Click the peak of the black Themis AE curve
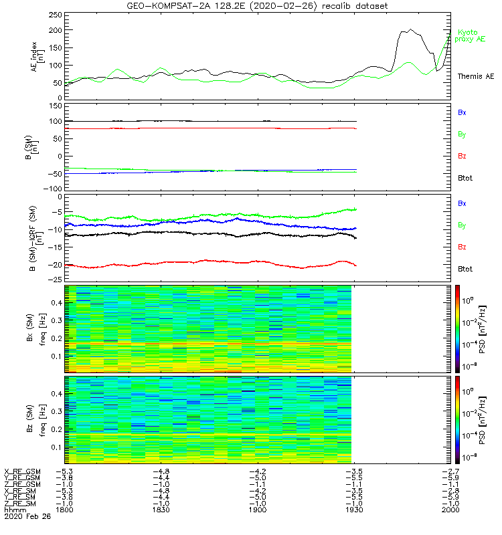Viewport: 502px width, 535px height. coord(410,29)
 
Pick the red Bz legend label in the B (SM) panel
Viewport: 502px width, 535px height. coord(462,156)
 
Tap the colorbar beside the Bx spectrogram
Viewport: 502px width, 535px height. coord(457,328)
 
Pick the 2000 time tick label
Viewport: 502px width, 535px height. coord(450,510)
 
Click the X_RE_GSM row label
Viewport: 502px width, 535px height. coord(22,472)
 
